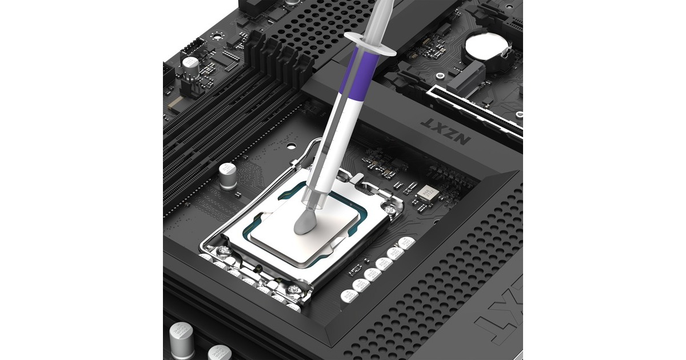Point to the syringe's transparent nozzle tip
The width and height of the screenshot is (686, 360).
tap(315, 200)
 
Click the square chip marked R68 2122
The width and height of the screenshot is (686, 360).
tap(426, 193)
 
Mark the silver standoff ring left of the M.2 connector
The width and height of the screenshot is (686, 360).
tap(440, 75)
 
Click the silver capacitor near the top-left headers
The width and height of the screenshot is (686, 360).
tap(190, 66)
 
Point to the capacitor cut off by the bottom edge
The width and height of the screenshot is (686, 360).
tap(220, 353)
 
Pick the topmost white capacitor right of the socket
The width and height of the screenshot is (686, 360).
tap(406, 242)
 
